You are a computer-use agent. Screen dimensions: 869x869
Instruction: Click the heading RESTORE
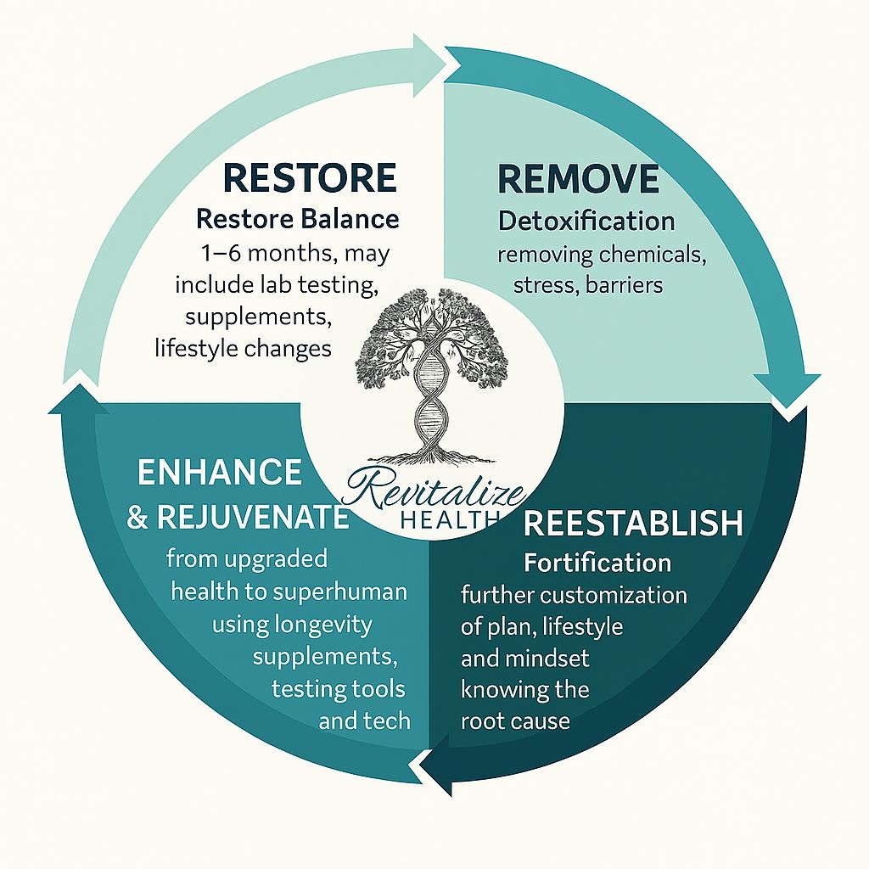[310, 178]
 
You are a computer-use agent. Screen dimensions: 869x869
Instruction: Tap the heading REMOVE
[578, 179]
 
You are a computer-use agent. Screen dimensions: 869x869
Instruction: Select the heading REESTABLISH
[633, 523]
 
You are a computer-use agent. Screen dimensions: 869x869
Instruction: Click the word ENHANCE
[220, 473]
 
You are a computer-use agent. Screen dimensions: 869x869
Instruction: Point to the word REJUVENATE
[253, 518]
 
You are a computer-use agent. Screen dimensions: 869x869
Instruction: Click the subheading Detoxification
[586, 221]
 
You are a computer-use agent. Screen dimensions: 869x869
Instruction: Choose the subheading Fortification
[597, 562]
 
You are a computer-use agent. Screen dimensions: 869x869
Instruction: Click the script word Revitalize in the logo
[438, 491]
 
